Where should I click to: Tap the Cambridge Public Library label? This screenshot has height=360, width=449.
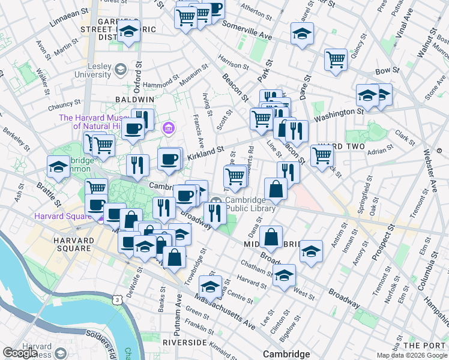point(250,205)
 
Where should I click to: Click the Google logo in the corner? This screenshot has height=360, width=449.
point(20,353)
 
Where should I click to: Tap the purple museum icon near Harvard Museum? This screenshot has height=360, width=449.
point(169,128)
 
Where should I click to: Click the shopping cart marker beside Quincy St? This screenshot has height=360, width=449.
point(336,59)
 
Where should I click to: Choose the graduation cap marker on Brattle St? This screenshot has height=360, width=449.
point(58,167)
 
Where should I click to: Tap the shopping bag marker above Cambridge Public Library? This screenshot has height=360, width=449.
point(276,188)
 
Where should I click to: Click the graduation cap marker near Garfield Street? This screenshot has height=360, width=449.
point(128,33)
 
